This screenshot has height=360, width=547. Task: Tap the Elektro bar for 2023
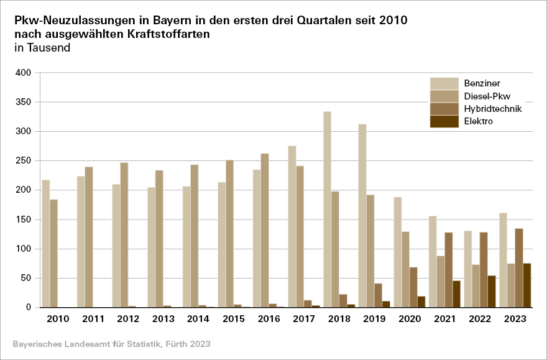(x=527, y=285)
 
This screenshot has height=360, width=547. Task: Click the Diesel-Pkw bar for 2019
(x=370, y=251)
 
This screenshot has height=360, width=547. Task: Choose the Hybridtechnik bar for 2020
(x=413, y=287)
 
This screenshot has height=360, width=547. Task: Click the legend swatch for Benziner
(x=444, y=83)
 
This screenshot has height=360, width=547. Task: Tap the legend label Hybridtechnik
(x=492, y=109)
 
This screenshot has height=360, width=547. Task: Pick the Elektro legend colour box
(x=444, y=121)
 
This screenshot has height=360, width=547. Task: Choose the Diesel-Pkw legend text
(x=487, y=96)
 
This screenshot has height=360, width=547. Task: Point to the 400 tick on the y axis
(x=22, y=73)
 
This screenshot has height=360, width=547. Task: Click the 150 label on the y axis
(x=22, y=219)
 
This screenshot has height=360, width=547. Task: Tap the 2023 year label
(x=515, y=319)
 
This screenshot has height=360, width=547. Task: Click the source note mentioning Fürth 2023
(x=111, y=344)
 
